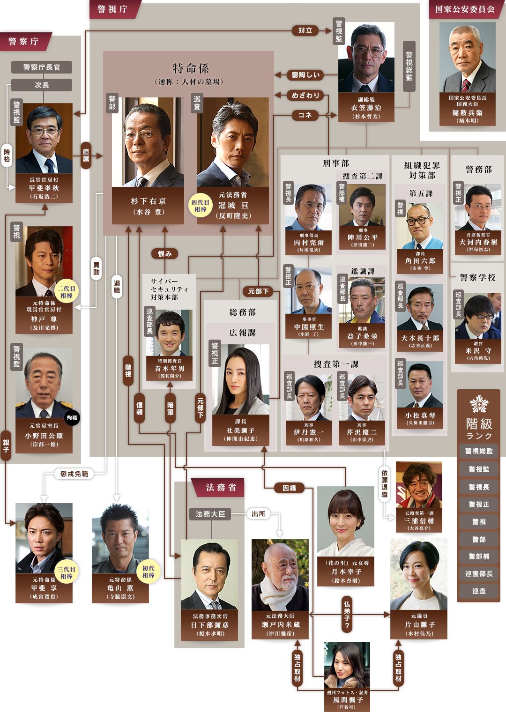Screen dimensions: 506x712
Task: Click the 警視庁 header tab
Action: [x=112, y=9]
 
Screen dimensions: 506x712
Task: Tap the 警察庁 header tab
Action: [x=23, y=41]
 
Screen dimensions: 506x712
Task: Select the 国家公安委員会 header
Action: [x=465, y=9]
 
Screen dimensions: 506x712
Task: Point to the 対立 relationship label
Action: [x=305, y=30]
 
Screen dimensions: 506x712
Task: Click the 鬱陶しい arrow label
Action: [x=305, y=75]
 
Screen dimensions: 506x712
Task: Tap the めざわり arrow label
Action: [x=305, y=96]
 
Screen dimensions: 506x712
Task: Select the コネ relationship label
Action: [x=305, y=115]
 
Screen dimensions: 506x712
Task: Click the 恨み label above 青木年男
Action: [x=165, y=254]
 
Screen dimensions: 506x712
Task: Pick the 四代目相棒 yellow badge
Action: [x=201, y=206]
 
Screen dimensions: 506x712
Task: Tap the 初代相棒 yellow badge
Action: [x=149, y=572]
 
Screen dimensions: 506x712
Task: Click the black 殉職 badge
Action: [x=72, y=417]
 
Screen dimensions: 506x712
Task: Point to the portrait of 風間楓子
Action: [x=347, y=665]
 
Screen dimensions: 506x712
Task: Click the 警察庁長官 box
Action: [x=42, y=67]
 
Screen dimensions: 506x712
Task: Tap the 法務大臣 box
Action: [x=211, y=514]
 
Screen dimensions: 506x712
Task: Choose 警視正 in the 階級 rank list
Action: [x=478, y=504]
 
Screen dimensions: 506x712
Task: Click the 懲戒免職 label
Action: [x=74, y=474]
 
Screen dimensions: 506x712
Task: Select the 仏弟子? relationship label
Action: [x=347, y=614]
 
